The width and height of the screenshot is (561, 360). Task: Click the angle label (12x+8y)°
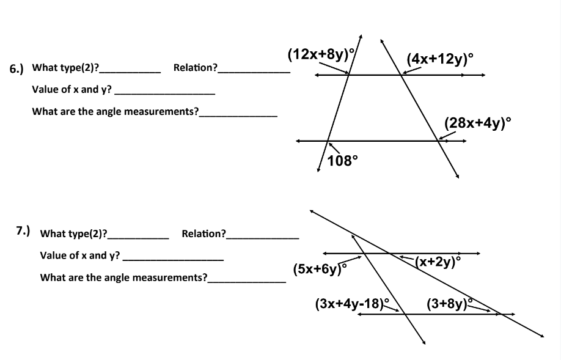click(x=318, y=54)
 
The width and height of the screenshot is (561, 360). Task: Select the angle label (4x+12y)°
click(x=440, y=59)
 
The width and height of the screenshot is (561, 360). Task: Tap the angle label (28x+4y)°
click(x=477, y=123)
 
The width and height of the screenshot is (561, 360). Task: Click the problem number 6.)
click(x=16, y=68)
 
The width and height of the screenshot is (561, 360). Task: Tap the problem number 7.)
click(x=23, y=231)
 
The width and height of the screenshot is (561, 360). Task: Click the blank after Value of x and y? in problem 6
click(x=165, y=93)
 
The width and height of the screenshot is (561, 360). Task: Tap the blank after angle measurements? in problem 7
click(x=246, y=281)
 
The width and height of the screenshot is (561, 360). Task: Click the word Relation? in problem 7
click(x=203, y=233)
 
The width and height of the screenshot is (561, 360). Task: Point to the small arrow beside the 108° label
click(x=334, y=147)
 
